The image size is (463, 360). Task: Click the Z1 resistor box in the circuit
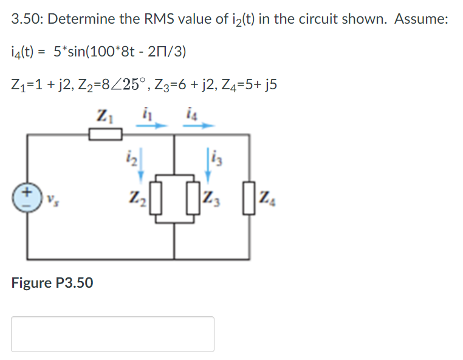pyautogui.click(x=106, y=134)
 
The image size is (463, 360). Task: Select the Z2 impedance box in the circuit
pyautogui.click(x=155, y=199)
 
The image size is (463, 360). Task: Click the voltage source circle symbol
pyautogui.click(x=27, y=197)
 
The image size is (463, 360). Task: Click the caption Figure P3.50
pyautogui.click(x=52, y=282)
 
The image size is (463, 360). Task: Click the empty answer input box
pyautogui.click(x=112, y=334)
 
